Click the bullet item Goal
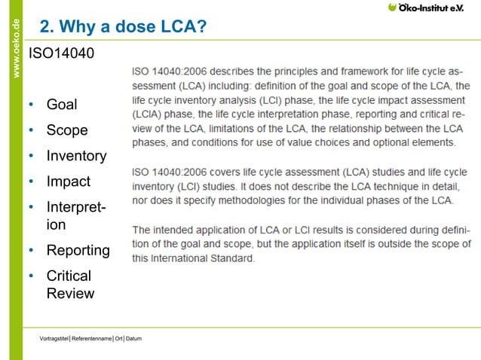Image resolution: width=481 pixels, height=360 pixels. click(62, 104)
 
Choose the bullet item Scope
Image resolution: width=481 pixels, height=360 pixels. click(67, 130)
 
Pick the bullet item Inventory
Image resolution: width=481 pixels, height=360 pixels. click(76, 156)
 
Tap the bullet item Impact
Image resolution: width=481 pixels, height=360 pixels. click(68, 182)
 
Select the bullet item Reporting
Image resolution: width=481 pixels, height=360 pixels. click(78, 250)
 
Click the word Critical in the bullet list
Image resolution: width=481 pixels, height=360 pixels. click(69, 276)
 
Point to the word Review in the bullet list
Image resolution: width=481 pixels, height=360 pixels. click(70, 293)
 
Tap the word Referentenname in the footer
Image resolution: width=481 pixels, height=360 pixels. click(91, 338)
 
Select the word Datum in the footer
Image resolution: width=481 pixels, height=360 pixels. click(133, 338)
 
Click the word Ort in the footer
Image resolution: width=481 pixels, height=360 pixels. click(118, 338)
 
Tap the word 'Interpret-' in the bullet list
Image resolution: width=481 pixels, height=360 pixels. click(76, 207)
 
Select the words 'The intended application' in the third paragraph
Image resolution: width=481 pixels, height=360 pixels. click(188, 229)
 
